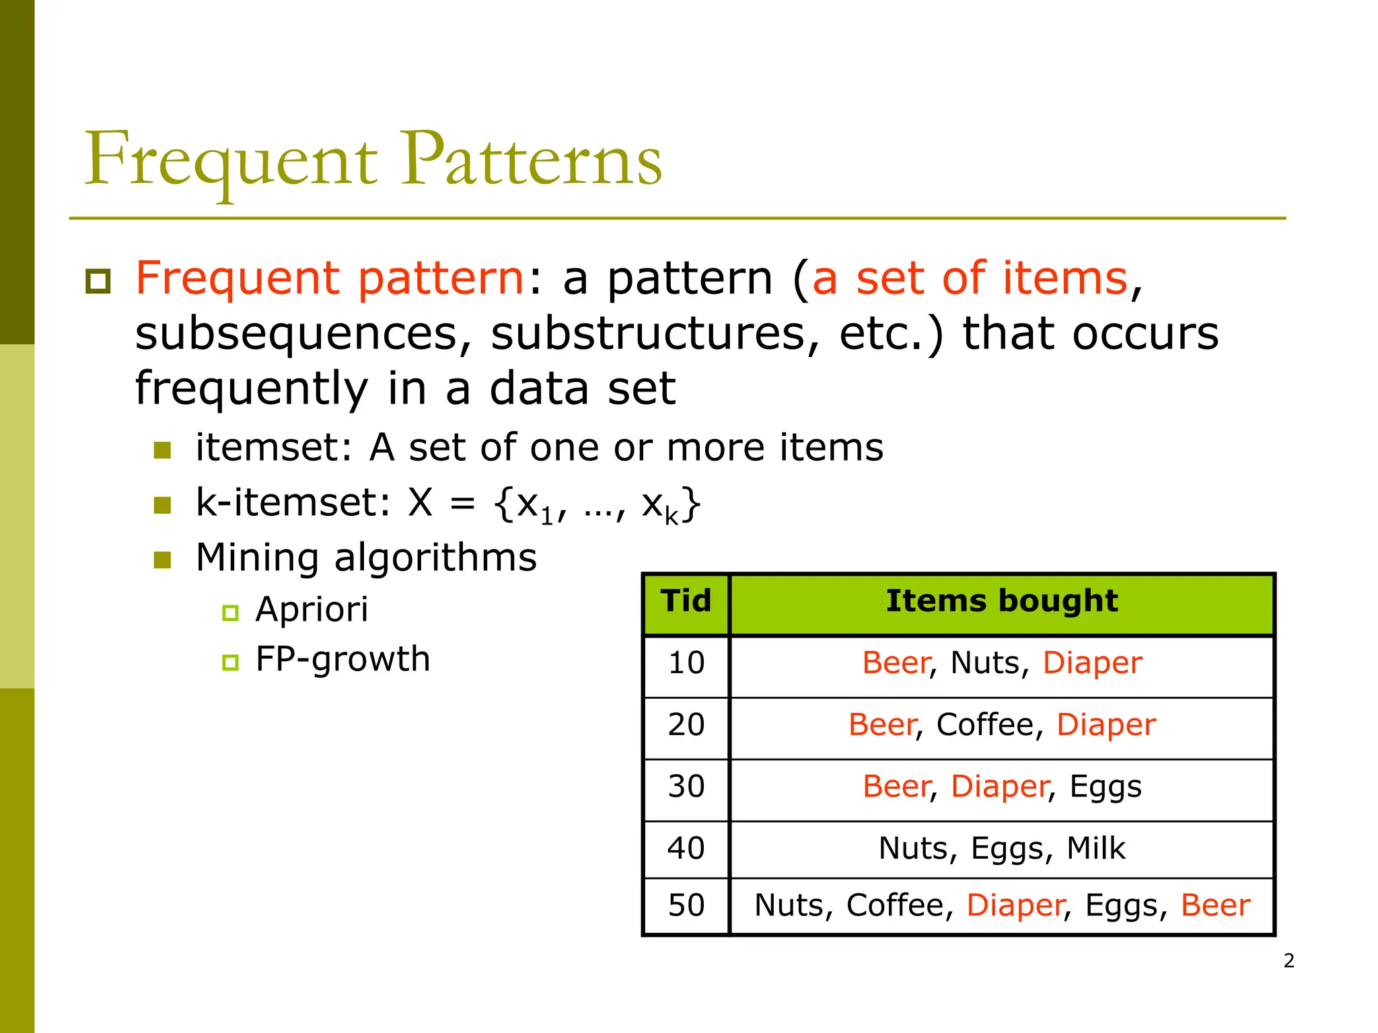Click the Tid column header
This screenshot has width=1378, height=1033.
(x=686, y=601)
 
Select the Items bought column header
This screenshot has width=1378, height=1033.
(x=1001, y=601)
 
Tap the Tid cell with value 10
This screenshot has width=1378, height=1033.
(x=686, y=663)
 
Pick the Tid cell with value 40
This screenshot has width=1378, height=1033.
(x=686, y=848)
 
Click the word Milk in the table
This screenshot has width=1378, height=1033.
(x=1095, y=848)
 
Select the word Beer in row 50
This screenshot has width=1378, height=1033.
(x=1215, y=905)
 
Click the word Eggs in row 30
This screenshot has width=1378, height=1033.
(x=1105, y=787)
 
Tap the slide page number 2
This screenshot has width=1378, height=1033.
(x=1289, y=961)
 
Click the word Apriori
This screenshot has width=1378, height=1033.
(x=312, y=610)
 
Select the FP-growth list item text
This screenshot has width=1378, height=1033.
(x=342, y=659)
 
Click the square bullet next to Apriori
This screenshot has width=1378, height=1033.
(x=230, y=613)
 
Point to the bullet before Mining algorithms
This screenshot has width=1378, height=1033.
(x=162, y=560)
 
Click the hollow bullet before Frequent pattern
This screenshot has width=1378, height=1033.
(x=98, y=281)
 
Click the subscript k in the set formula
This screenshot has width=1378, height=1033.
(x=671, y=516)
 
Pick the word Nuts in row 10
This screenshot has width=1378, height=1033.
(x=984, y=663)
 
